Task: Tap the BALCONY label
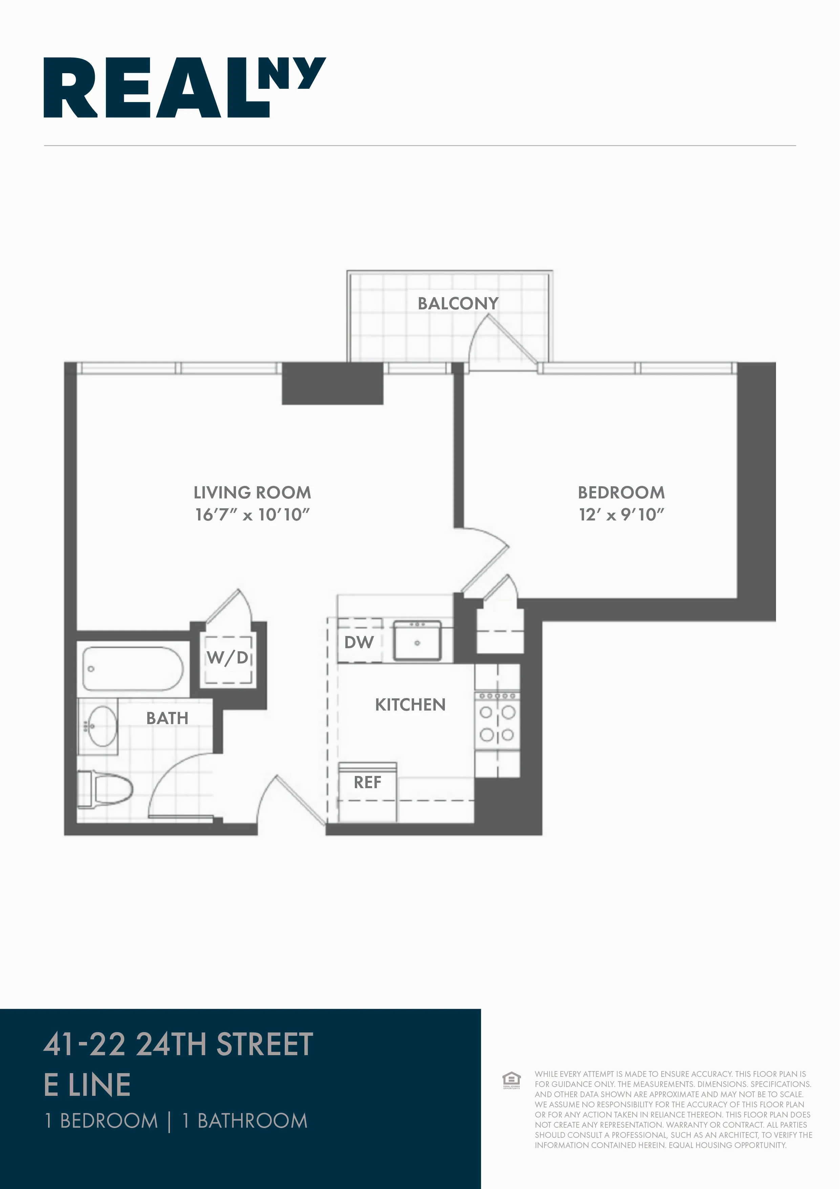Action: tap(458, 304)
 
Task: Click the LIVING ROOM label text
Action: tap(252, 492)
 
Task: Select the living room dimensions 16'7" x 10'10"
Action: tap(252, 515)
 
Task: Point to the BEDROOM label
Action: tap(621, 492)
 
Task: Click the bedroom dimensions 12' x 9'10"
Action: tap(621, 515)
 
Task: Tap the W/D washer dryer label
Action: tap(228, 658)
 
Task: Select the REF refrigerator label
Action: tap(367, 782)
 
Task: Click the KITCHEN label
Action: tap(410, 705)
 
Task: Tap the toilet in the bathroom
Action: tap(106, 789)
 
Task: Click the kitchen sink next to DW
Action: tap(417, 641)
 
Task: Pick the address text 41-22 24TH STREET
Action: tap(178, 1044)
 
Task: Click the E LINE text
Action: tap(87, 1085)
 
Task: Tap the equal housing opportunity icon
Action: tap(511, 1080)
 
